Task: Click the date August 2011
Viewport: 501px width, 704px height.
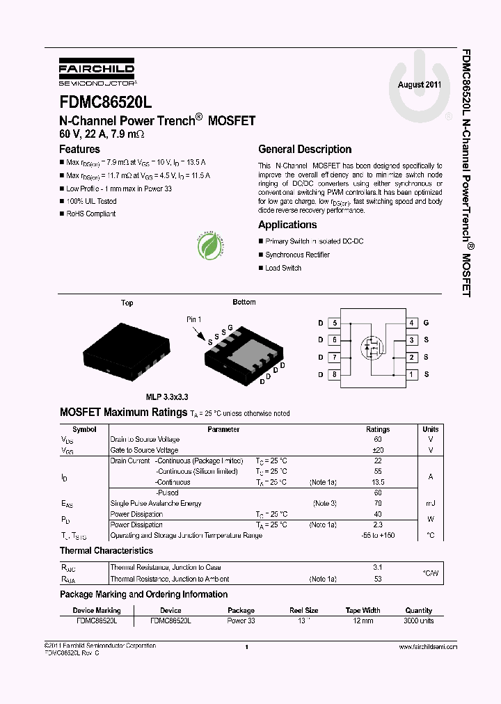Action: [419, 85]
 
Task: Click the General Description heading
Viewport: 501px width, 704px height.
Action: [305, 150]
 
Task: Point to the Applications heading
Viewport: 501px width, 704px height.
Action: [287, 225]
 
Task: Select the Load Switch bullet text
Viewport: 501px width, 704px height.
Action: [283, 268]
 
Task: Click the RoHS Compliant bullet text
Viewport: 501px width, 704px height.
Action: [91, 214]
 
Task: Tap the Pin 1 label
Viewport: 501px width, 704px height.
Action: [194, 319]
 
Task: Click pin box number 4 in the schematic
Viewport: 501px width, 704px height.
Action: [412, 323]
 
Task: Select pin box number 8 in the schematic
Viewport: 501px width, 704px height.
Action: [335, 374]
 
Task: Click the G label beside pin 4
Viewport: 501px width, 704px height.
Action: [426, 323]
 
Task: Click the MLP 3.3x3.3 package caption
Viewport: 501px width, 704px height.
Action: [166, 397]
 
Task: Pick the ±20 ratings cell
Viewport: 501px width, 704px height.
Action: [378, 450]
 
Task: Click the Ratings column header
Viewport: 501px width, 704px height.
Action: [378, 429]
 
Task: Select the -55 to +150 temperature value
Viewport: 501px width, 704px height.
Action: [378, 536]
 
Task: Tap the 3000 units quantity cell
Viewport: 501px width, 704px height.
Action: [418, 620]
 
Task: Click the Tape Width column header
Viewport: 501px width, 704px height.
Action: [363, 610]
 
